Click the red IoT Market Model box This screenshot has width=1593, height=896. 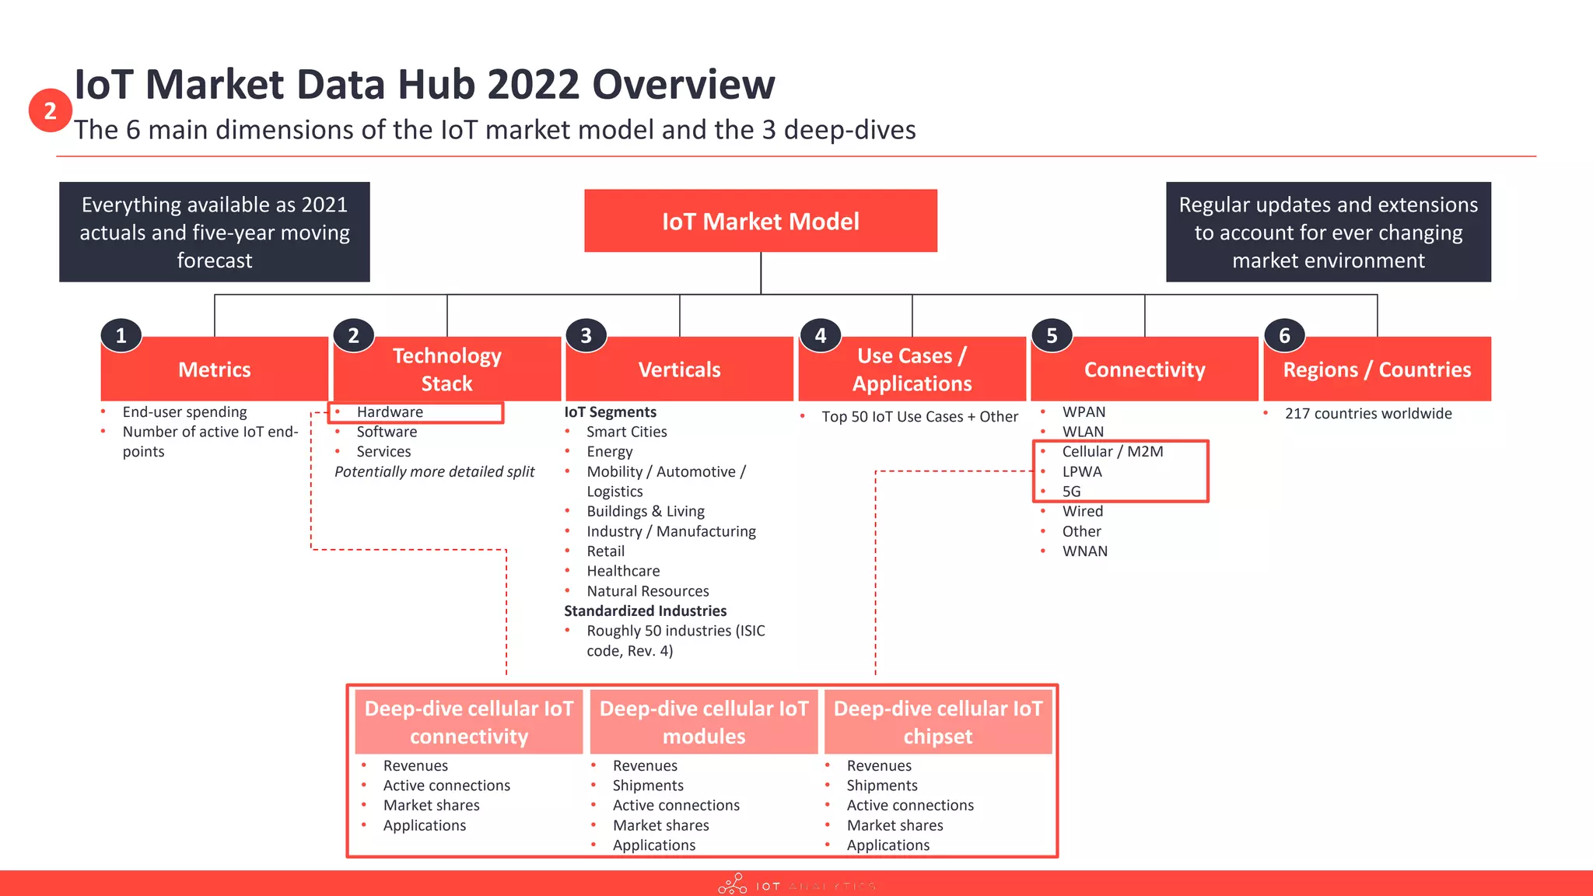(760, 221)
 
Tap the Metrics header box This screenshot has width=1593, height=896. (215, 369)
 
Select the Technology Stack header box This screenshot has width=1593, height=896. (446, 369)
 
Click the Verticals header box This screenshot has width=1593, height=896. (679, 369)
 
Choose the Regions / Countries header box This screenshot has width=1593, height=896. (1377, 369)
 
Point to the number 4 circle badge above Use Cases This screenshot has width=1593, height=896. (820, 335)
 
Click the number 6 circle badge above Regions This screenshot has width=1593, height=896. (1284, 335)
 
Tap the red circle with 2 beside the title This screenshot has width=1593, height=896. (50, 110)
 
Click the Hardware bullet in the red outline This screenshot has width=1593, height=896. (390, 412)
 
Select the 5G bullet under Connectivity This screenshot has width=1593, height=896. (1071, 492)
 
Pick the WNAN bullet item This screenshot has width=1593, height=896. (1084, 551)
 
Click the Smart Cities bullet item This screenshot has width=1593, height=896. (626, 432)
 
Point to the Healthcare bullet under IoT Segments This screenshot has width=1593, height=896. (623, 571)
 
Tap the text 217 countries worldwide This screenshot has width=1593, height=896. (1367, 414)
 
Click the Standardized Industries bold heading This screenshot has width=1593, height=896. (645, 611)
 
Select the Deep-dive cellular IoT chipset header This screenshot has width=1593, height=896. (937, 722)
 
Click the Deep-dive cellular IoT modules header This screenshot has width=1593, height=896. (703, 722)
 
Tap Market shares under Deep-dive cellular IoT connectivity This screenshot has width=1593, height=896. (431, 806)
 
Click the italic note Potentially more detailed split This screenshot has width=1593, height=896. (434, 471)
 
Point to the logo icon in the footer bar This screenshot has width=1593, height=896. (732, 884)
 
